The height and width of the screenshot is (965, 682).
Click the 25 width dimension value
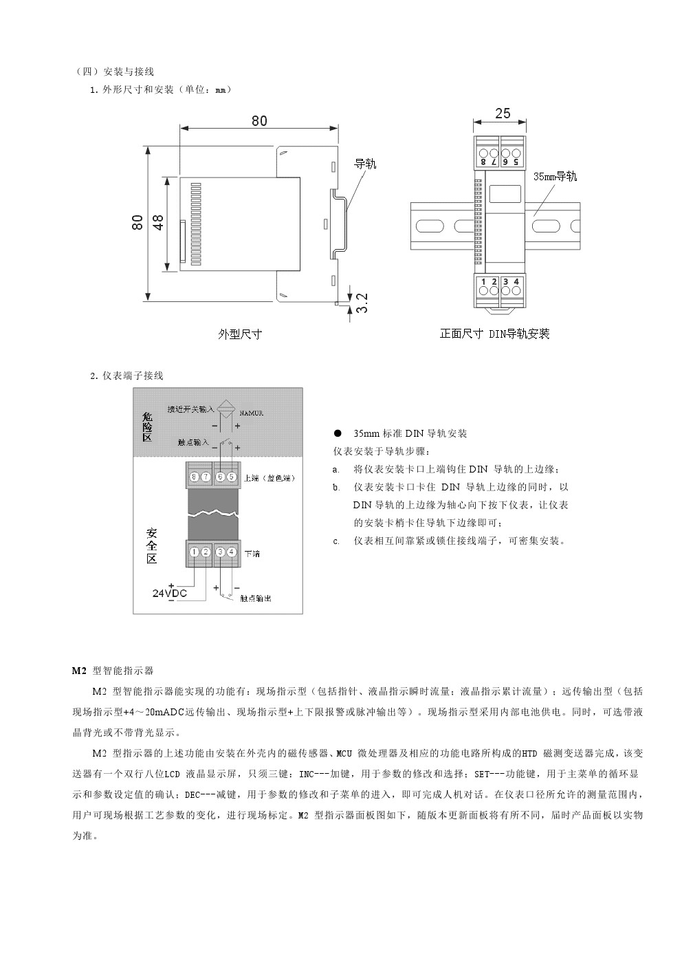pos(503,113)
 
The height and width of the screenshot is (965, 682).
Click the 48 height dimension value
pos(158,222)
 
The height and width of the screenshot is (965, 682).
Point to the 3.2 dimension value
pos(362,303)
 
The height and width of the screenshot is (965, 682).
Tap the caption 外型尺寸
pos(240,334)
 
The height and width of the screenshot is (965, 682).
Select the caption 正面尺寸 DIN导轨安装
pos(494,334)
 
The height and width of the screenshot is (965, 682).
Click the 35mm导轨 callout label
pos(555,176)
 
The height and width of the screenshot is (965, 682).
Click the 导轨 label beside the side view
pos(365,164)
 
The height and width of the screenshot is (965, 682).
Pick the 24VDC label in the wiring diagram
pos(169,593)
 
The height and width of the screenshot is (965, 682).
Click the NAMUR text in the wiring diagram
pos(251,413)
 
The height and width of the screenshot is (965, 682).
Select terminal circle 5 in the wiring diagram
pos(232,477)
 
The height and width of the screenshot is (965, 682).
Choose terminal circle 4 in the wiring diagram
pos(232,552)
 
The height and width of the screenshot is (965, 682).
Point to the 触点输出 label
pos(255,598)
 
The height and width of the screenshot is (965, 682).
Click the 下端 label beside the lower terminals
pos(252,553)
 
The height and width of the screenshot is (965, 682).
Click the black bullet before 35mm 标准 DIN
pos(337,434)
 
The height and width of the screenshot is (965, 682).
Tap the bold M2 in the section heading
pos(79,671)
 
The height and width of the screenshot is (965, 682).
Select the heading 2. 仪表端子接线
pos(126,376)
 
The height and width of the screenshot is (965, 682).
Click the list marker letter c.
pos(336,541)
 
